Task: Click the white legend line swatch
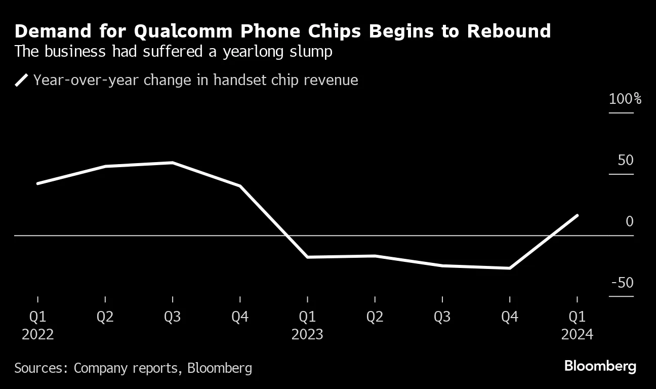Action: pos(22,80)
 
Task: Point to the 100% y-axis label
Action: pos(625,99)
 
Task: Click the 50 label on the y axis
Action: pos(626,161)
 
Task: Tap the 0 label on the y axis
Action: pos(629,222)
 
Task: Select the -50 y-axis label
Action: pos(622,283)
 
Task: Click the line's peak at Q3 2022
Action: pos(173,163)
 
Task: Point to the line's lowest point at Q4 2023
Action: pos(510,268)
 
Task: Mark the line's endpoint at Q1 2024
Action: pos(577,216)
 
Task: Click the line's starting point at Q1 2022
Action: pos(38,183)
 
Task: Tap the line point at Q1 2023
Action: pos(307,257)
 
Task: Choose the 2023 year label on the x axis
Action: pos(307,335)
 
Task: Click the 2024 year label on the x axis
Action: pos(577,335)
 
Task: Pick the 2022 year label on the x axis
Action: pos(38,335)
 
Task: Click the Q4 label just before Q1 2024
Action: pos(510,317)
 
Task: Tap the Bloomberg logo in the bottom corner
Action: pos(600,366)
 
